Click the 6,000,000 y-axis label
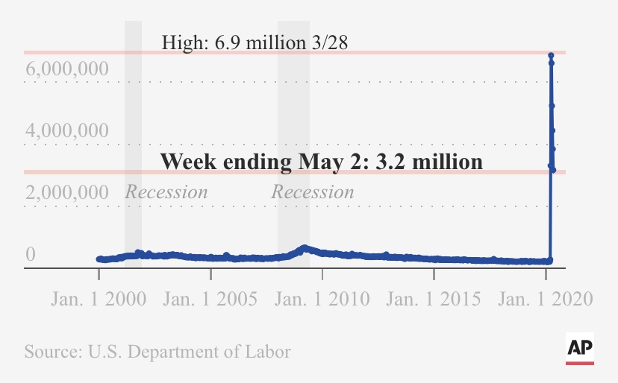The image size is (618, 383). (67, 70)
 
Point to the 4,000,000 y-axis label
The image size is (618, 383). (67, 131)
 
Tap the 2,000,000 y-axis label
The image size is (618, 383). (67, 193)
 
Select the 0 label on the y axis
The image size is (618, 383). (31, 255)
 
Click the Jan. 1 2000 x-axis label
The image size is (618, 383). (99, 300)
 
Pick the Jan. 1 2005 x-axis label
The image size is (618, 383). (210, 300)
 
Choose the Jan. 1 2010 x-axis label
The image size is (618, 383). (322, 300)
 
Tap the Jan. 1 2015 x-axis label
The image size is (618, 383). (434, 300)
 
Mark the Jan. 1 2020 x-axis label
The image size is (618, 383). (546, 300)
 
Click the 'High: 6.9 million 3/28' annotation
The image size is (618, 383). (255, 42)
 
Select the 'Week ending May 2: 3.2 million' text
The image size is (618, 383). (322, 161)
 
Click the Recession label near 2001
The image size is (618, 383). (166, 192)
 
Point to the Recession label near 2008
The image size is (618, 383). (312, 192)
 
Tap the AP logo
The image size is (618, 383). (580, 349)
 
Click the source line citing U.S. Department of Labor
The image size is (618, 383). (157, 351)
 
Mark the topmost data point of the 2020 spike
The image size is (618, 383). (551, 55)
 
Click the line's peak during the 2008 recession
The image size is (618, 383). (303, 247)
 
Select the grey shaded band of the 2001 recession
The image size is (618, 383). (133, 112)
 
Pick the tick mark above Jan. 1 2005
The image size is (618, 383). (210, 273)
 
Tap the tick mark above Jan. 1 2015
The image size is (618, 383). (434, 273)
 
